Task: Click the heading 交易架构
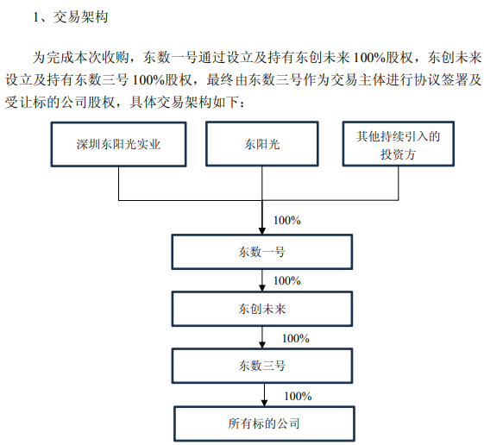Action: pos(81,17)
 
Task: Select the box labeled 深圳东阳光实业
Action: pos(118,144)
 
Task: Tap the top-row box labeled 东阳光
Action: pos(262,144)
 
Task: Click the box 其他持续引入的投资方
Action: pos(399,144)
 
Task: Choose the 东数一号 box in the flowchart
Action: pos(262,252)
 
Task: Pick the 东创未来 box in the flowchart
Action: pos(262,309)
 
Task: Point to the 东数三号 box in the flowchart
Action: pos(262,366)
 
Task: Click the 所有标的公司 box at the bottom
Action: pos(264,423)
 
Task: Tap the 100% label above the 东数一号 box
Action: pos(287,220)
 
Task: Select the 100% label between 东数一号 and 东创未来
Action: pos(287,280)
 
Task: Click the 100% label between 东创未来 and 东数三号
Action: pos(296,338)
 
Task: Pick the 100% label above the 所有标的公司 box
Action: pos(298,396)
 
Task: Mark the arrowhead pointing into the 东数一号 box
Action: pos(262,231)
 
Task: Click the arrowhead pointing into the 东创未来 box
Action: pos(262,288)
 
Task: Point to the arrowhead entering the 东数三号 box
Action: pos(262,345)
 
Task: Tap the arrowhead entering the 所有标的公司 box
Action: pos(264,403)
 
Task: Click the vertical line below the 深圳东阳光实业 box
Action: pos(119,184)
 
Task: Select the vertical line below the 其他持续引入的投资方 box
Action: pos(399,184)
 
